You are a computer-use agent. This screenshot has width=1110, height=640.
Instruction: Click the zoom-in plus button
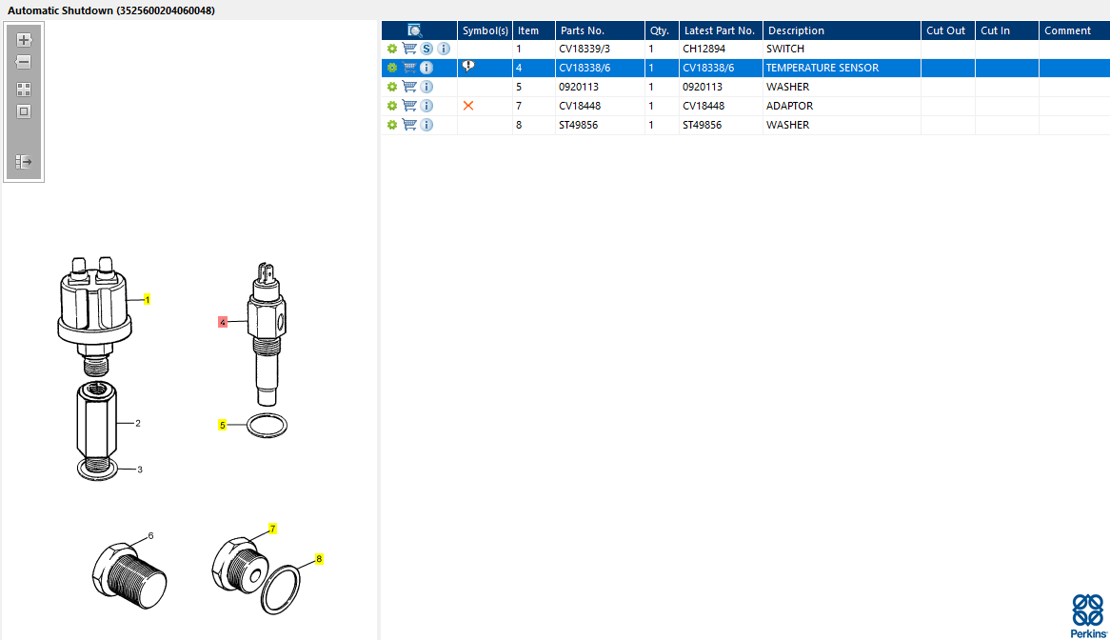(24, 40)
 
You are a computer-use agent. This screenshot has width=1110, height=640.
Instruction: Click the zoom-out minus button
(24, 62)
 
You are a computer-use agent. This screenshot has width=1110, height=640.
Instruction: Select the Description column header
(796, 30)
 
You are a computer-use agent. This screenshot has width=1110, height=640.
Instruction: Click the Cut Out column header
(945, 30)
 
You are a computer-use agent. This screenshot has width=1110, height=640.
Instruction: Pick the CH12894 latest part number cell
(704, 49)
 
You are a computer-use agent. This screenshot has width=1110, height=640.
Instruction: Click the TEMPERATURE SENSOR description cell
(822, 68)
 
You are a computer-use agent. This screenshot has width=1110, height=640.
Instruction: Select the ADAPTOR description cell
(789, 106)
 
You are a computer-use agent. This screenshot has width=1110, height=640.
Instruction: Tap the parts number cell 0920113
(579, 87)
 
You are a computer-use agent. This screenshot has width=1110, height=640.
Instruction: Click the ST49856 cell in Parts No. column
(578, 125)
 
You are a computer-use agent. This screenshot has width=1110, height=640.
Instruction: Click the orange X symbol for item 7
(468, 106)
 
